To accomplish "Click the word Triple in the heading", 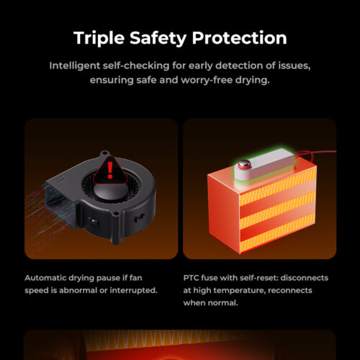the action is (x=99, y=38).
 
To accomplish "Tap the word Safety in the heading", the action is (x=158, y=38).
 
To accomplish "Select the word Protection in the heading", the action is (x=239, y=37).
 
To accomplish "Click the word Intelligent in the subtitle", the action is (x=75, y=66).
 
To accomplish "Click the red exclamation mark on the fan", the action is (x=110, y=170).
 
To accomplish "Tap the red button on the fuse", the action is (x=244, y=164).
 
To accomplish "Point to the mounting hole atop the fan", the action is (x=104, y=153).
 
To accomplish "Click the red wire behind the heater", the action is (x=315, y=153).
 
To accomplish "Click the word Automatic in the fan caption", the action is (x=45, y=278).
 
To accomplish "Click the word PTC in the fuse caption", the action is (x=191, y=278).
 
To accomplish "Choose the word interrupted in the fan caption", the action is (x=133, y=291).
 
